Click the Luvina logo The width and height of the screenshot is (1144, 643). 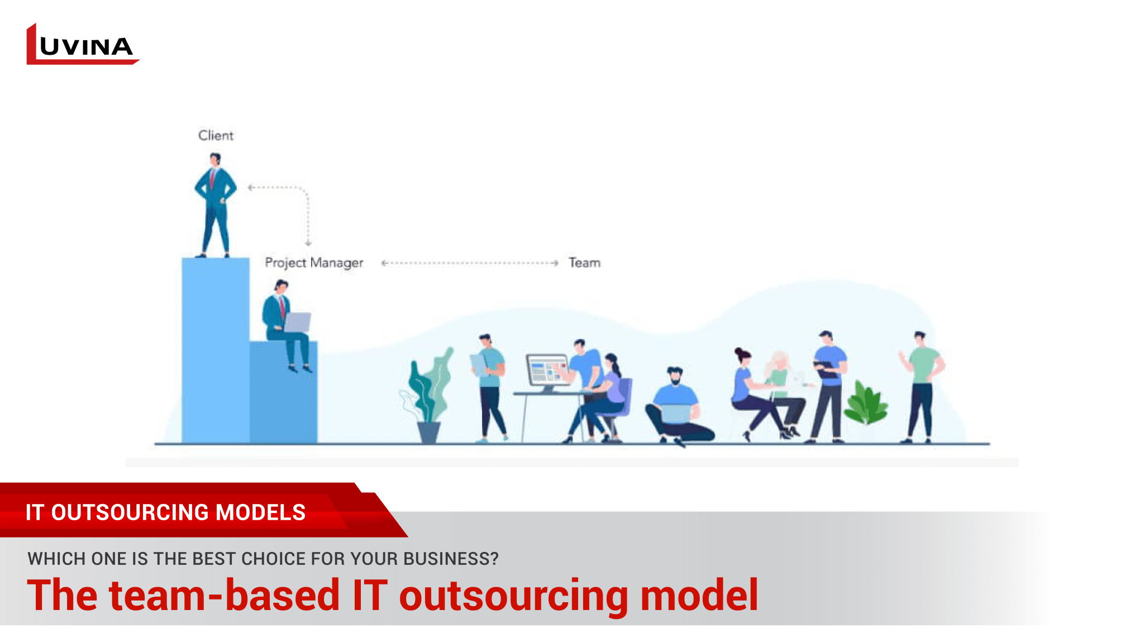click(x=82, y=45)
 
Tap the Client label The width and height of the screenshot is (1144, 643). click(x=216, y=136)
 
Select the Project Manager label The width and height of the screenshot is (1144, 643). click(x=313, y=262)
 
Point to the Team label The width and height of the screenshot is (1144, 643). click(x=584, y=262)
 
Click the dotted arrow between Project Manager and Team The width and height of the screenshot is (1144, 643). click(x=469, y=263)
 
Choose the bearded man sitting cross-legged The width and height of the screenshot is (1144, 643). click(x=676, y=407)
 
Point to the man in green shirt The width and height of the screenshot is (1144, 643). click(x=922, y=385)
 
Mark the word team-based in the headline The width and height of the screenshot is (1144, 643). click(x=223, y=596)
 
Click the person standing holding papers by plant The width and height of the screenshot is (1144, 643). click(x=490, y=385)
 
